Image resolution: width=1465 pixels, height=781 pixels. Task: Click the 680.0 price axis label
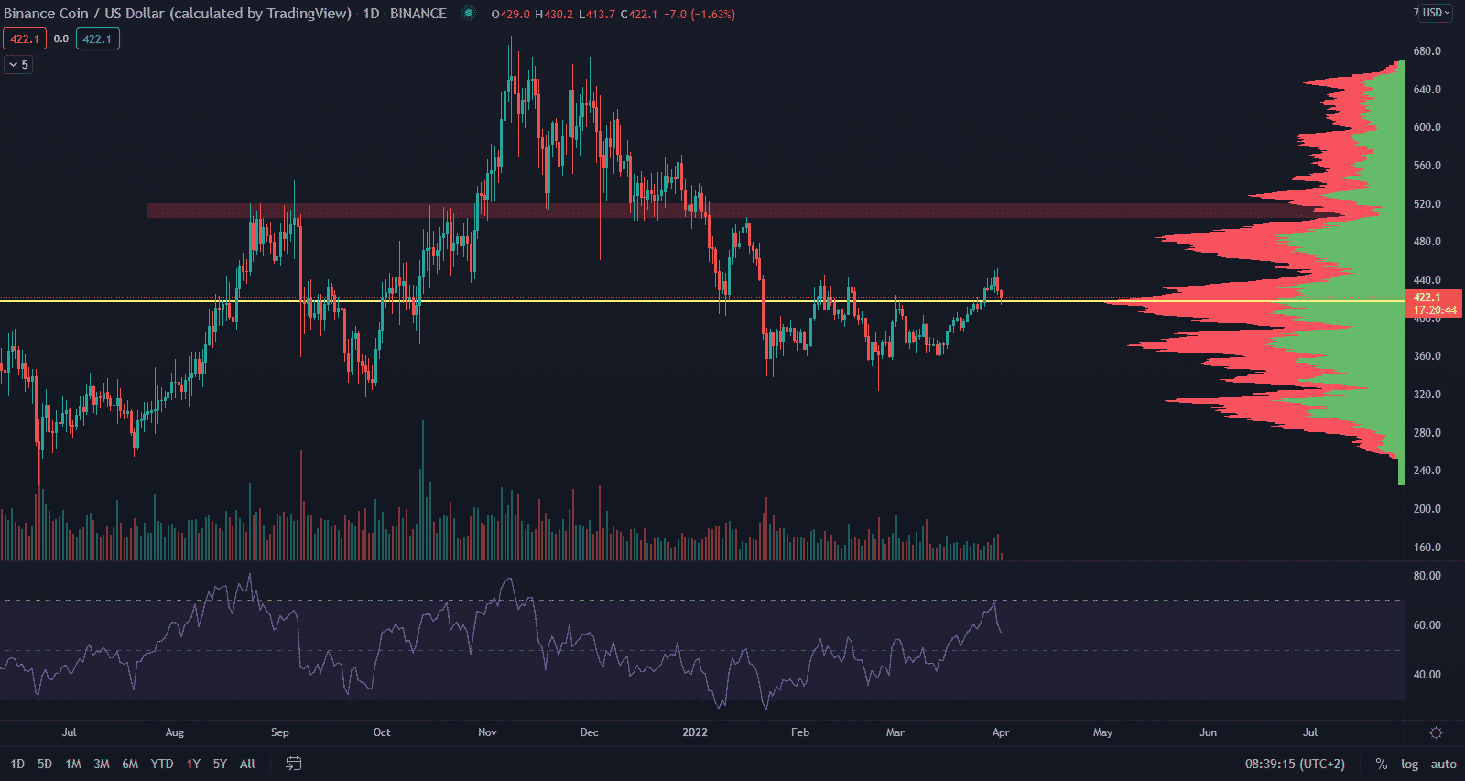coord(1427,51)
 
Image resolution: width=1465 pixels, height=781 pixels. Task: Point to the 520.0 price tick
coord(1427,204)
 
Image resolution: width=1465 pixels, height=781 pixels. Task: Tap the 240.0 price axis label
coord(1427,471)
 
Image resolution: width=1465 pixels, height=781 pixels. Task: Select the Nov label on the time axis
coord(487,732)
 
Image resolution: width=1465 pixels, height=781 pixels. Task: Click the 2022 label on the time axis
coord(695,732)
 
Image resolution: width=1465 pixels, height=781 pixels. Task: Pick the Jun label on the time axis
coord(1209,732)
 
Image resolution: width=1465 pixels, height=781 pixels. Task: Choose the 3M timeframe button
coord(102,764)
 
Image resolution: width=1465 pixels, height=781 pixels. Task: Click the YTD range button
coord(162,764)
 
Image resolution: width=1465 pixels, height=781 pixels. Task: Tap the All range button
coord(247,764)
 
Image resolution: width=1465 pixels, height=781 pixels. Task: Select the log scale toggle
coord(1409,764)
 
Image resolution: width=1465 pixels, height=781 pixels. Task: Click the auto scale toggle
coord(1444,764)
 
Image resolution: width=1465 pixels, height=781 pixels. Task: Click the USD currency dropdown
coord(1434,13)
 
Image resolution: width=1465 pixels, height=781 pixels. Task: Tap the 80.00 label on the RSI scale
coord(1427,576)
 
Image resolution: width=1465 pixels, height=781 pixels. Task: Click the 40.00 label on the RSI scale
coord(1427,675)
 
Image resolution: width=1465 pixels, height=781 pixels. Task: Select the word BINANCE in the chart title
coord(418,14)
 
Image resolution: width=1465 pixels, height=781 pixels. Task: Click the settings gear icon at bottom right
coord(1436,732)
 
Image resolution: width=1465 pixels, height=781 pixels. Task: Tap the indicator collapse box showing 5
coord(18,65)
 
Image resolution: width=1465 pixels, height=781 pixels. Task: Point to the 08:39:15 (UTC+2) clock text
coord(1295,764)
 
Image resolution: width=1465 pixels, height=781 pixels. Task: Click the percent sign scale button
coord(1382,764)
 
